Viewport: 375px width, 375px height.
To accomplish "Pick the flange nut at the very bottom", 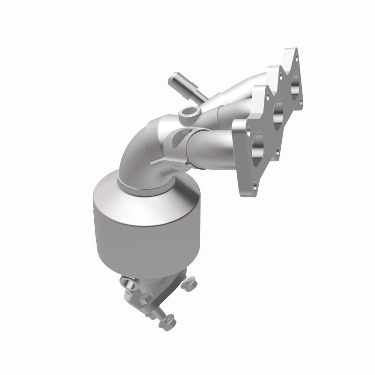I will [167, 320].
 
